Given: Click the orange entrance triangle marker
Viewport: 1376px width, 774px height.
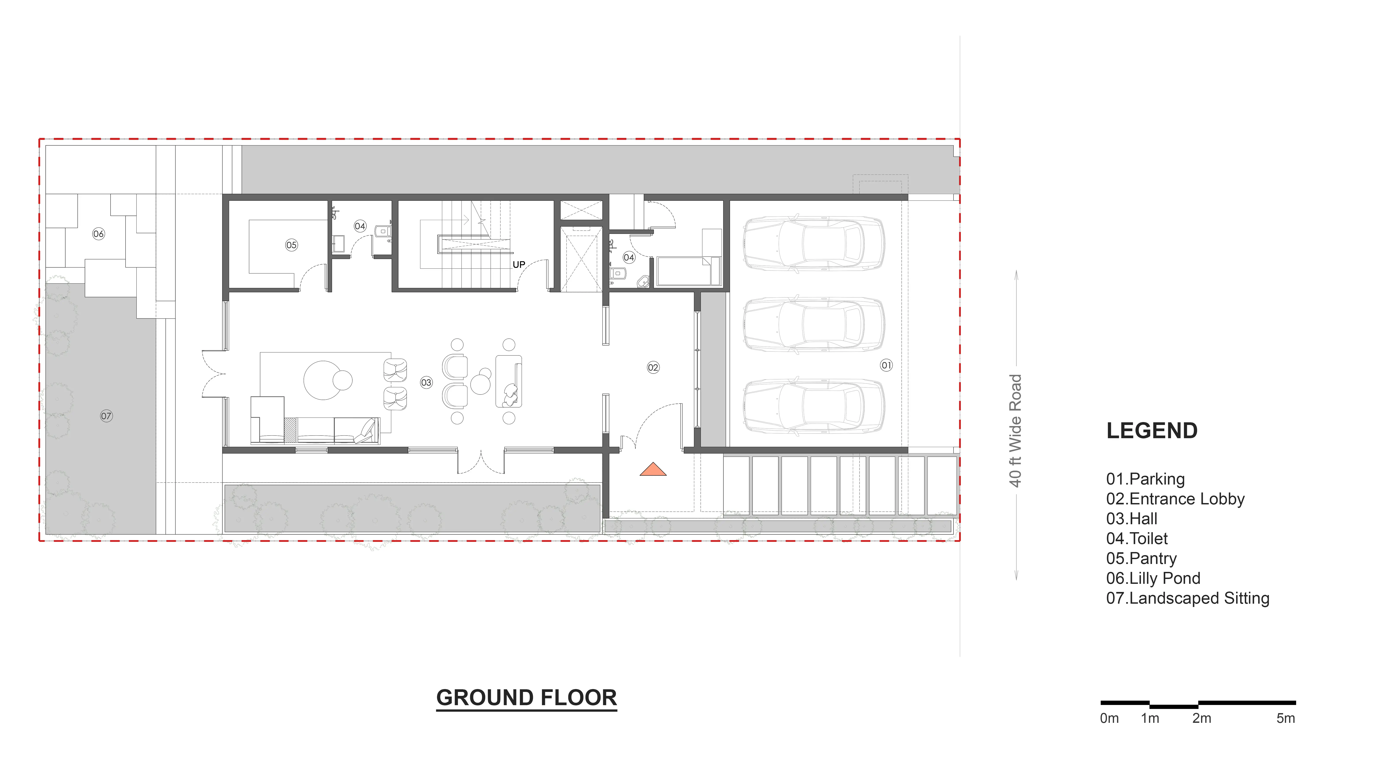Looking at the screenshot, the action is click(x=653, y=470).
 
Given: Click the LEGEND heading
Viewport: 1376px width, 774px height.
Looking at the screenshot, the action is click(x=1152, y=430).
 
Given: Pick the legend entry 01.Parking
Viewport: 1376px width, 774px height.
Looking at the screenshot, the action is click(x=1145, y=479).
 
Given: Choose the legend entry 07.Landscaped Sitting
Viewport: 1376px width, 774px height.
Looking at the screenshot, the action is click(x=1187, y=598).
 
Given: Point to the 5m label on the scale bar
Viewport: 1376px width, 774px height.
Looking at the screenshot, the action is click(x=1286, y=718).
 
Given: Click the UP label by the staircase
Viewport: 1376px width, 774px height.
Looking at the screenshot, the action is click(x=519, y=264).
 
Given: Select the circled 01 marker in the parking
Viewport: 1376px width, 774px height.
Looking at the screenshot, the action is click(x=886, y=365).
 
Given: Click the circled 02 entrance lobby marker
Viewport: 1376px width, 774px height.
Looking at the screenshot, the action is click(x=653, y=368).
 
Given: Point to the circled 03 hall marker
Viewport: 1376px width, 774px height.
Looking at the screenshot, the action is click(x=426, y=382).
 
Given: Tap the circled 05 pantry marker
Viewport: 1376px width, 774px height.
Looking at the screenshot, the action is click(x=291, y=245).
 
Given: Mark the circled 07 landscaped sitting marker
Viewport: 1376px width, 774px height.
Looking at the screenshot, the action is click(x=106, y=416).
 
